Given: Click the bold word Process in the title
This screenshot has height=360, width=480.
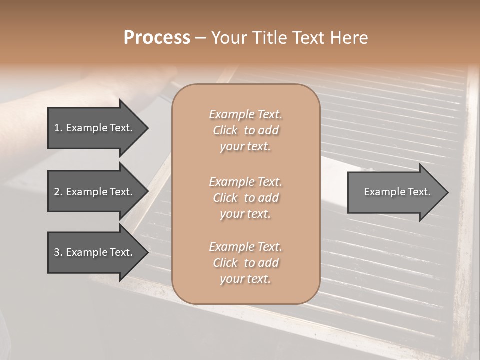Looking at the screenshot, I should tap(157, 38).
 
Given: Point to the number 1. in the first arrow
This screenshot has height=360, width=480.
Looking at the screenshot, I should tap(58, 128).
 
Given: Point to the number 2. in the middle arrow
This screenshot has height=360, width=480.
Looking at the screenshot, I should tap(58, 192).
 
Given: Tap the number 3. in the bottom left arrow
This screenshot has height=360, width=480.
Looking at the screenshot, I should tap(58, 252).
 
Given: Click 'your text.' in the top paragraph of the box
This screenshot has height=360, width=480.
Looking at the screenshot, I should tap(245, 147).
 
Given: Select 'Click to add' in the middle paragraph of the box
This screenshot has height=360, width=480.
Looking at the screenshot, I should tap(245, 198).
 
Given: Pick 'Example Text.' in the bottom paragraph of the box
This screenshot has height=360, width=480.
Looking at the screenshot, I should tap(245, 247).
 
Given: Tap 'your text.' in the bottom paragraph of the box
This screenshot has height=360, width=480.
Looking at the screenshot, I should tap(245, 279).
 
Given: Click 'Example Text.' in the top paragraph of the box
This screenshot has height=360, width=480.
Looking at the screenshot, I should tap(245, 114).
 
